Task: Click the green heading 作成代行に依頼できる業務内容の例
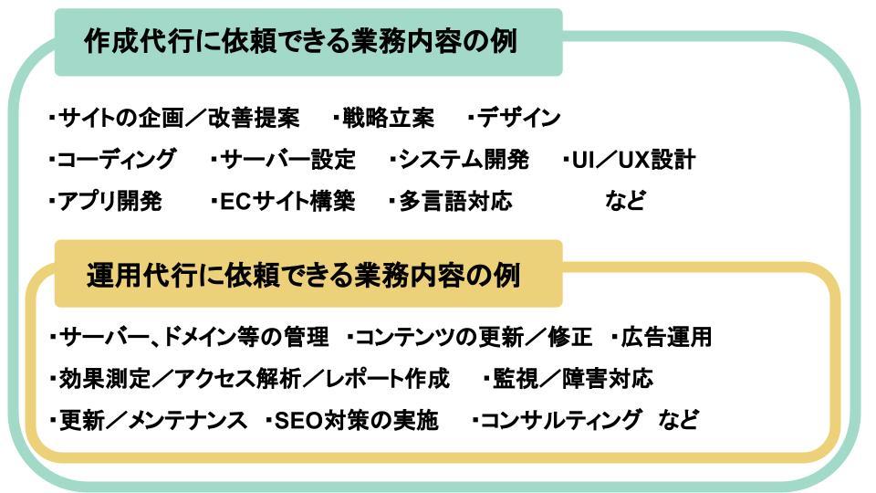[301, 42]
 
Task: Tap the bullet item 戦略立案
[384, 119]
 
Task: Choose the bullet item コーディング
[113, 161]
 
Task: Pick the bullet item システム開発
[460, 161]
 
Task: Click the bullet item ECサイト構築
[283, 202]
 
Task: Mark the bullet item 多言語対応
[451, 202]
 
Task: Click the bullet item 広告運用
[662, 338]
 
